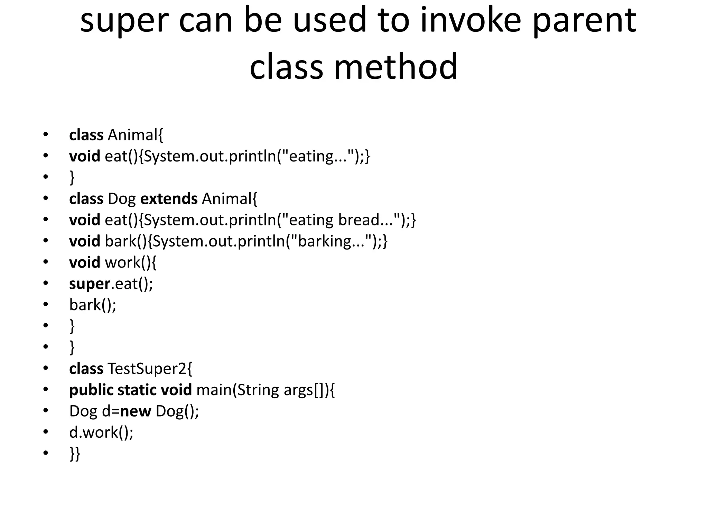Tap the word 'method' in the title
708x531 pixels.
point(395,66)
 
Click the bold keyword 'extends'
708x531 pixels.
point(169,199)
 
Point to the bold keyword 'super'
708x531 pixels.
point(90,284)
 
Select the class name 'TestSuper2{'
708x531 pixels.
point(150,369)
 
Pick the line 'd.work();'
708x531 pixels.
point(101,432)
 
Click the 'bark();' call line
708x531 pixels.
point(93,305)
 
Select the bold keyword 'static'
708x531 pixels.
point(137,390)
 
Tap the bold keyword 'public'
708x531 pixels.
point(91,390)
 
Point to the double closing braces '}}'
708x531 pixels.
point(75,454)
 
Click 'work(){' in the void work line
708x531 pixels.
point(130,263)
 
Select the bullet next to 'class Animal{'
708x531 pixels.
point(46,135)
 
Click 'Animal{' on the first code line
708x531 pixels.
point(135,135)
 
